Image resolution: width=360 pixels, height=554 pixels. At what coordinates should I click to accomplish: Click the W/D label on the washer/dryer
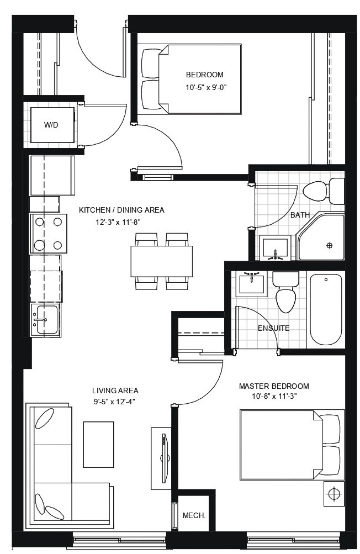[x=51, y=125]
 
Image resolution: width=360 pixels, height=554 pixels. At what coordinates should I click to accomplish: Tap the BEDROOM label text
[x=205, y=75]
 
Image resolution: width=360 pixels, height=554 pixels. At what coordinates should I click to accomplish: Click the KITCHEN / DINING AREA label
[x=121, y=210]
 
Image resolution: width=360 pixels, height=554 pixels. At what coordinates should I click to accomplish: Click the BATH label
[x=300, y=215]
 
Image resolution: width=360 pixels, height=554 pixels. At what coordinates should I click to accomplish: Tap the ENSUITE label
[x=273, y=328]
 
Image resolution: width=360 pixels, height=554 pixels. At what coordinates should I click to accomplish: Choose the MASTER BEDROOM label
[x=273, y=386]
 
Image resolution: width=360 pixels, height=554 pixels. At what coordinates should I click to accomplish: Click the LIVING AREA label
[x=115, y=390]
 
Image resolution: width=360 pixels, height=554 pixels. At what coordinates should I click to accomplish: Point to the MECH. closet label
[x=194, y=515]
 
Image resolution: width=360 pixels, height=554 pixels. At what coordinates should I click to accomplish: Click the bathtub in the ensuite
[x=326, y=309]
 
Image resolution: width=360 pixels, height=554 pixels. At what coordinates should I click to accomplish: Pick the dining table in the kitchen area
[x=161, y=261]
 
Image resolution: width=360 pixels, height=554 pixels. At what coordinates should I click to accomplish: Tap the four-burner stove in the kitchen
[x=47, y=233]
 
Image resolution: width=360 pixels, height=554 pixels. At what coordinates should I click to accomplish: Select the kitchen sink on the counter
[x=44, y=319]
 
